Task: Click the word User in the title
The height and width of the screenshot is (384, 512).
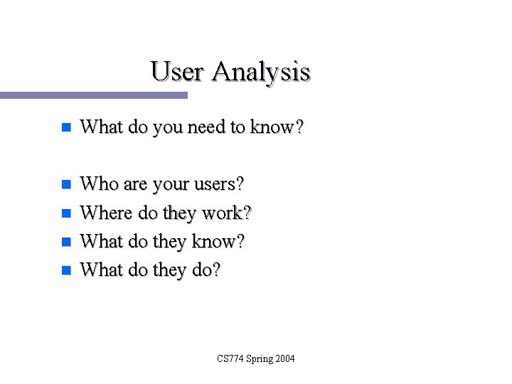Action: click(x=178, y=72)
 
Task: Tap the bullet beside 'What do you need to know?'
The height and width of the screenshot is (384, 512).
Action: click(x=65, y=128)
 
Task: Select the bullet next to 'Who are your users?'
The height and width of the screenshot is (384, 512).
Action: click(x=65, y=185)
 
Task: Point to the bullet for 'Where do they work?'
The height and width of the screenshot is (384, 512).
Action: click(x=65, y=213)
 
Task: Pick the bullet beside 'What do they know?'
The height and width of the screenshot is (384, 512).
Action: click(x=65, y=242)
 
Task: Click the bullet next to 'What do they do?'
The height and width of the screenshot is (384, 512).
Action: click(x=65, y=270)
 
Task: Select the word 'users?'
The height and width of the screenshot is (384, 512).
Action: click(x=220, y=185)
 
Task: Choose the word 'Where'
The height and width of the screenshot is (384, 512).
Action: click(x=104, y=213)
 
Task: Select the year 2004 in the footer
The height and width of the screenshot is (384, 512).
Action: click(x=284, y=358)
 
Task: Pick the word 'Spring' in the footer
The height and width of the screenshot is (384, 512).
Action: click(x=259, y=359)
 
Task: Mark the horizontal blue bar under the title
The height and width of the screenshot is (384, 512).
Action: click(x=93, y=95)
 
